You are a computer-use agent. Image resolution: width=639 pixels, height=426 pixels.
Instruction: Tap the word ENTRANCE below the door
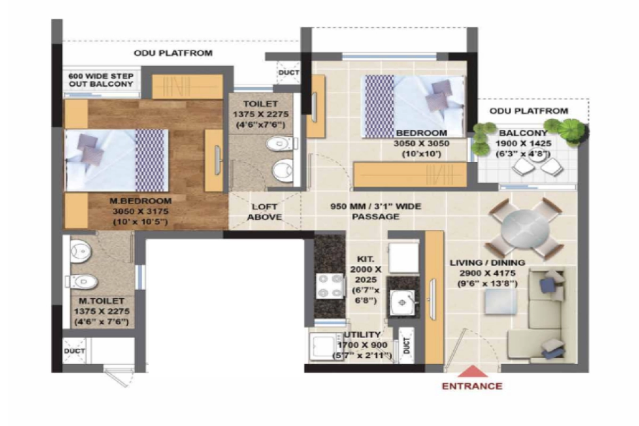pyautogui.click(x=472, y=386)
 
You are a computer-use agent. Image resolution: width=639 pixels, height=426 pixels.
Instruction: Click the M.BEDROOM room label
pyautogui.click(x=141, y=201)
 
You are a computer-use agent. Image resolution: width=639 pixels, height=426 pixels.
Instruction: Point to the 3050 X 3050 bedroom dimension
pyautogui.click(x=421, y=143)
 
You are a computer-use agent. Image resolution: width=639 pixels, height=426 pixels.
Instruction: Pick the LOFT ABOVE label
pyautogui.click(x=265, y=212)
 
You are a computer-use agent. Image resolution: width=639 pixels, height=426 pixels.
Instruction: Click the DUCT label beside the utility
pyautogui.click(x=407, y=347)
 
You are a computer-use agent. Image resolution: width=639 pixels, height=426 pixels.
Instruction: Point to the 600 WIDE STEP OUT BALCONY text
pyautogui.click(x=101, y=80)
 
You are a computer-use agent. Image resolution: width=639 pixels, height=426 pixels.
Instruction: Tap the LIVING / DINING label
pyautogui.click(x=487, y=263)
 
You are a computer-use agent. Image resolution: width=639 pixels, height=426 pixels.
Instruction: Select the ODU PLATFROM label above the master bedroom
pyautogui.click(x=173, y=53)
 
